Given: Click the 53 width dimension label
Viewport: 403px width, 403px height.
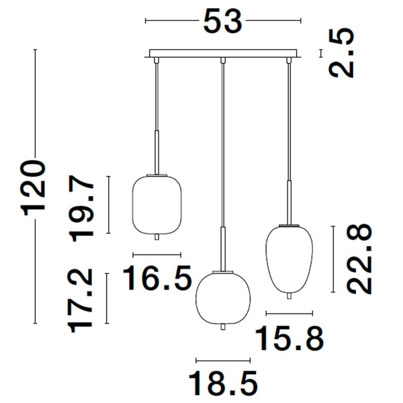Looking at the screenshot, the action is pos(223,21).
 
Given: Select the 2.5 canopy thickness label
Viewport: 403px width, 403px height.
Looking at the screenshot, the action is pos(342,53).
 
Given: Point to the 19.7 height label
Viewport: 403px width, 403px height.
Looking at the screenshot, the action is pos(82,209).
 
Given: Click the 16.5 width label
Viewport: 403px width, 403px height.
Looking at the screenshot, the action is pos(157,278).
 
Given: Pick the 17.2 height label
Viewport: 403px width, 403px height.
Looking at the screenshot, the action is pos(80,300).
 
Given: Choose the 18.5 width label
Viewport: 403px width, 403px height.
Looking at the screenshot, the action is pos(223,384).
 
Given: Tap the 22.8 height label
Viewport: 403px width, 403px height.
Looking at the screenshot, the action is pos(359,259).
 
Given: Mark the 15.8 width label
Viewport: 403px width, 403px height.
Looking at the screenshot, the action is pos(289,338).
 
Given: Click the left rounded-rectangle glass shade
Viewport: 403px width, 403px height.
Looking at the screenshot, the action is pos(156,205).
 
